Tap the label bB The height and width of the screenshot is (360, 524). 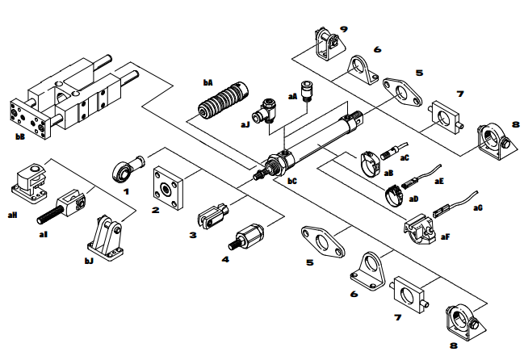pos(21,137)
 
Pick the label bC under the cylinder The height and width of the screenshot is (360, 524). pos(292,181)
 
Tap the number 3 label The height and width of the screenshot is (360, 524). pos(192,235)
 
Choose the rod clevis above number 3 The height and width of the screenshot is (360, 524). pos(212,214)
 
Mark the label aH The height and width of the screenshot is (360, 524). pos(12,215)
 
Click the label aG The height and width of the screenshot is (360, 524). pos(478,207)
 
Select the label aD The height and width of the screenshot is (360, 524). pos(413,197)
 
